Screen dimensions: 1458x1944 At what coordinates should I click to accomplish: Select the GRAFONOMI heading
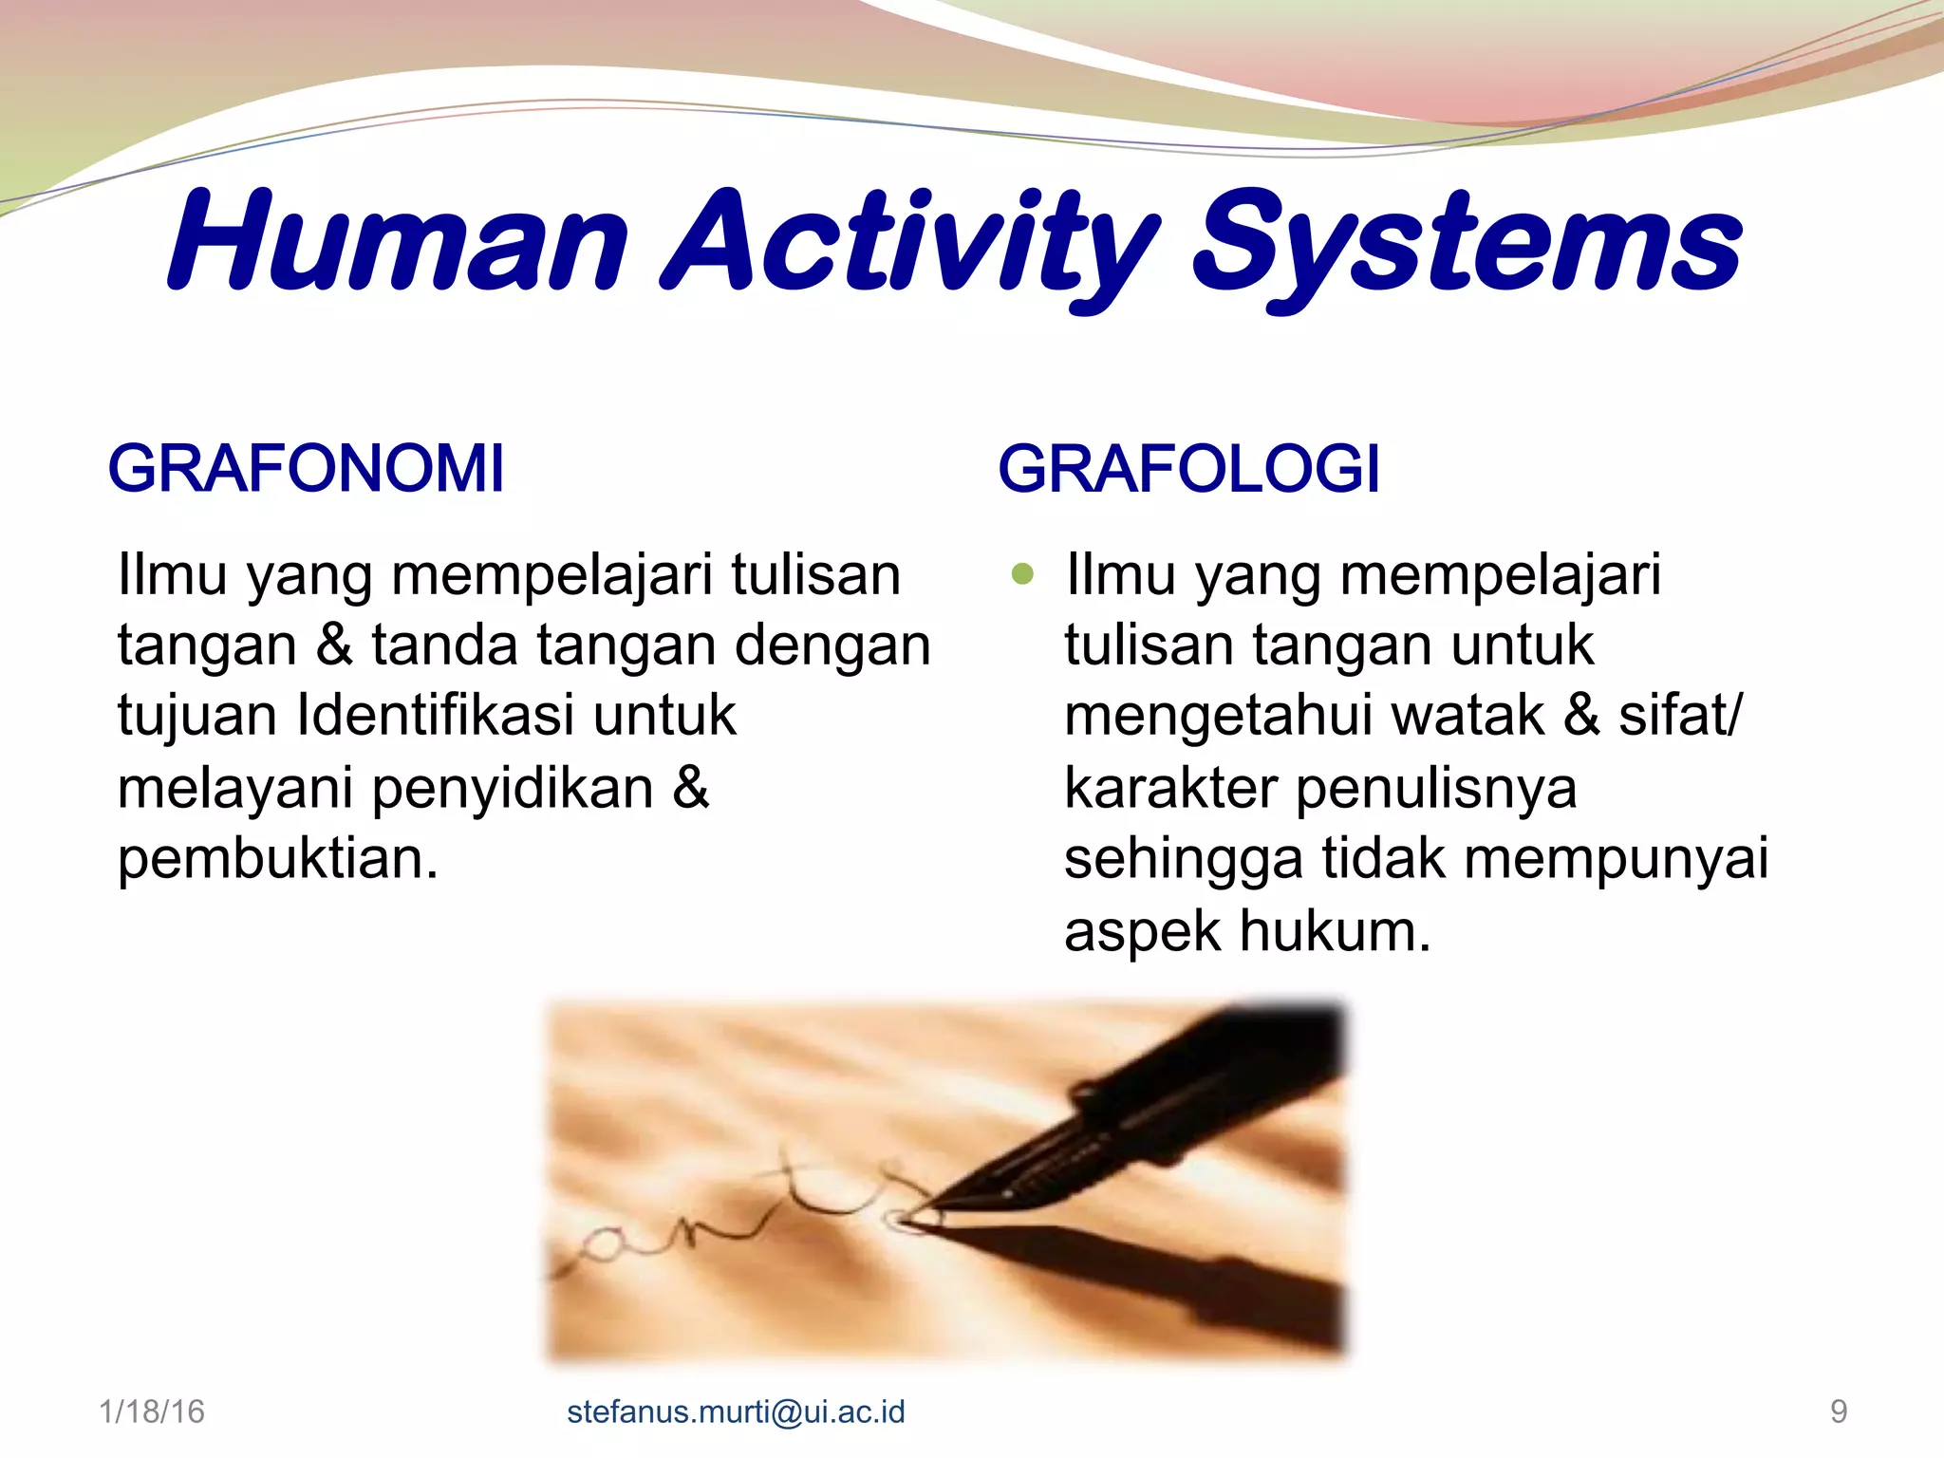point(306,469)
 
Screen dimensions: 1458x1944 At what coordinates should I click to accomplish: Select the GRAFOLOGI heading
point(1188,469)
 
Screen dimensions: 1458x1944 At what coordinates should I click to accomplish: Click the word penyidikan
point(513,788)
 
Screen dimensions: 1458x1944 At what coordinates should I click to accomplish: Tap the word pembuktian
point(277,858)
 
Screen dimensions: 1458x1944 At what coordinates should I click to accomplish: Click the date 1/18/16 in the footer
point(152,1411)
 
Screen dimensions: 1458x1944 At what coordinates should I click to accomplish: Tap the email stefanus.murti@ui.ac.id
point(736,1411)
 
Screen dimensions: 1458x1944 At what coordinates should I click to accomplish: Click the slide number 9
point(1839,1411)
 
